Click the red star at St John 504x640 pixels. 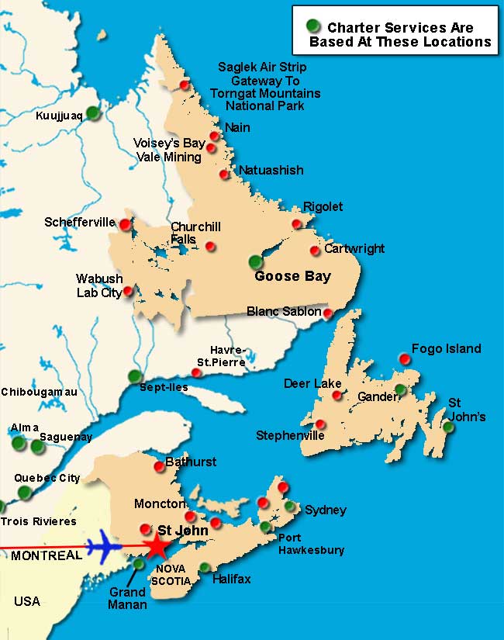coord(157,546)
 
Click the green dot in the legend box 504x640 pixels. coord(312,26)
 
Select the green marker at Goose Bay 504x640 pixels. coord(256,262)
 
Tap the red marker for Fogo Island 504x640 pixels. coord(404,358)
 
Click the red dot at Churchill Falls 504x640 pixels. coord(210,247)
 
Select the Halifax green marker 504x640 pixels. coord(205,568)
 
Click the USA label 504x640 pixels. coord(26,601)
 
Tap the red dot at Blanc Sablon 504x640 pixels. coord(328,313)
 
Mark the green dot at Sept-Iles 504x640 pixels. coord(135,376)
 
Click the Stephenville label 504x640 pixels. coord(290,435)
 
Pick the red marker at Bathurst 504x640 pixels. coord(159,466)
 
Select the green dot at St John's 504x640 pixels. coord(448,427)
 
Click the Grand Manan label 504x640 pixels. coord(127,598)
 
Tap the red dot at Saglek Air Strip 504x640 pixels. coord(184,85)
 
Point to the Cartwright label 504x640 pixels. coord(354,249)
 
